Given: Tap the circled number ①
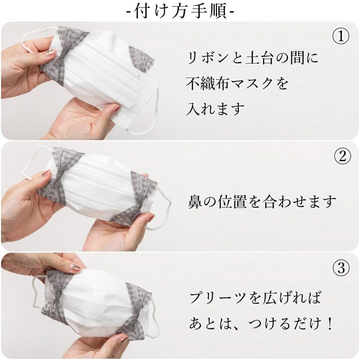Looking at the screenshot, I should [341, 37].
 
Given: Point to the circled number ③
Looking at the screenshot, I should [341, 268].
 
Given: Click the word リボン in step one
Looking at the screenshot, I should [209, 58].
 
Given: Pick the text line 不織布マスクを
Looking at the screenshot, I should [237, 84].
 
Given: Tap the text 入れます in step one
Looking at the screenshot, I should [215, 109].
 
